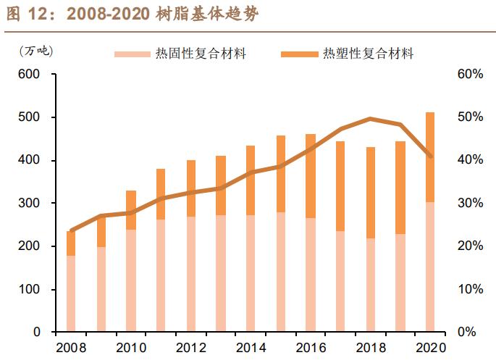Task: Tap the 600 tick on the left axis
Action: (30, 75)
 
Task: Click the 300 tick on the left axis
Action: (30, 204)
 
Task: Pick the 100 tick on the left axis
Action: (30, 290)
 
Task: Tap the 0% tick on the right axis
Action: (466, 333)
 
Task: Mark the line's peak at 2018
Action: (370, 118)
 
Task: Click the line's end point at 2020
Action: (430, 156)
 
